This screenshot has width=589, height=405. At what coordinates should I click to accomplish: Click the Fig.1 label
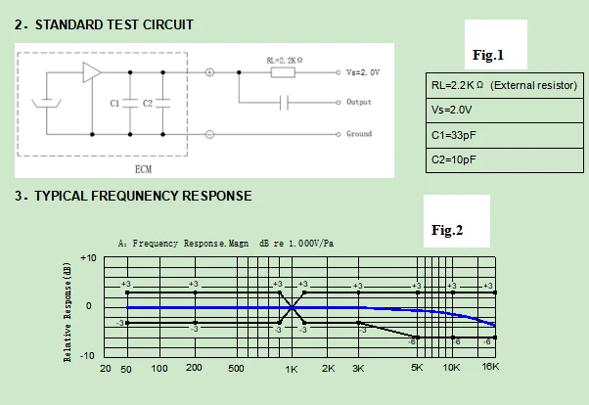click(x=488, y=55)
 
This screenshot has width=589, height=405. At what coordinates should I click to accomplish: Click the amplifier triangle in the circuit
click(x=92, y=71)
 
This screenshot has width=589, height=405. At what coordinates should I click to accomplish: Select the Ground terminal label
click(x=359, y=134)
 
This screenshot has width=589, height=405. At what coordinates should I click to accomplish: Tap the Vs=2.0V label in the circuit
click(x=362, y=72)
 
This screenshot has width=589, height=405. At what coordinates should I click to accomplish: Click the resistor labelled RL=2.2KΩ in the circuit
click(x=284, y=71)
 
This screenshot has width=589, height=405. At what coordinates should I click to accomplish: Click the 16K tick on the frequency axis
click(x=490, y=368)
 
